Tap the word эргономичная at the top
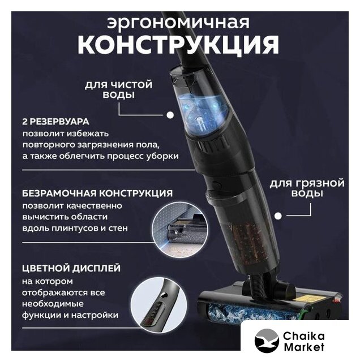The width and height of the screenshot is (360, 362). click(x=178, y=23)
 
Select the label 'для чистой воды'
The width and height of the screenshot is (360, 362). click(x=118, y=89)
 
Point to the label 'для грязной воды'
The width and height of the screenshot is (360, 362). click(x=307, y=188)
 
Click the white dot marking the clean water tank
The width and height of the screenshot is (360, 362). click(x=170, y=115)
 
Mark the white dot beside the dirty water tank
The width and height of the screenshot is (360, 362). click(x=278, y=216)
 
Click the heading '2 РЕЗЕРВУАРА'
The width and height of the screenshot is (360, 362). click(x=55, y=122)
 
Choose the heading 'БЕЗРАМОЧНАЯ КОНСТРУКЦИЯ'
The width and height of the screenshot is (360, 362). click(x=97, y=193)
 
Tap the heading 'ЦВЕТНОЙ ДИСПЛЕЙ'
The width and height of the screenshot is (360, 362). click(x=71, y=268)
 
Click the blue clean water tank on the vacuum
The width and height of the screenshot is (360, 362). click(x=203, y=113)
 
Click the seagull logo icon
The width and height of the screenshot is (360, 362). click(x=267, y=341)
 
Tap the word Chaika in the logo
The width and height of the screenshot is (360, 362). click(x=303, y=336)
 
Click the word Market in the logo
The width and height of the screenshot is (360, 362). click(x=303, y=347)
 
